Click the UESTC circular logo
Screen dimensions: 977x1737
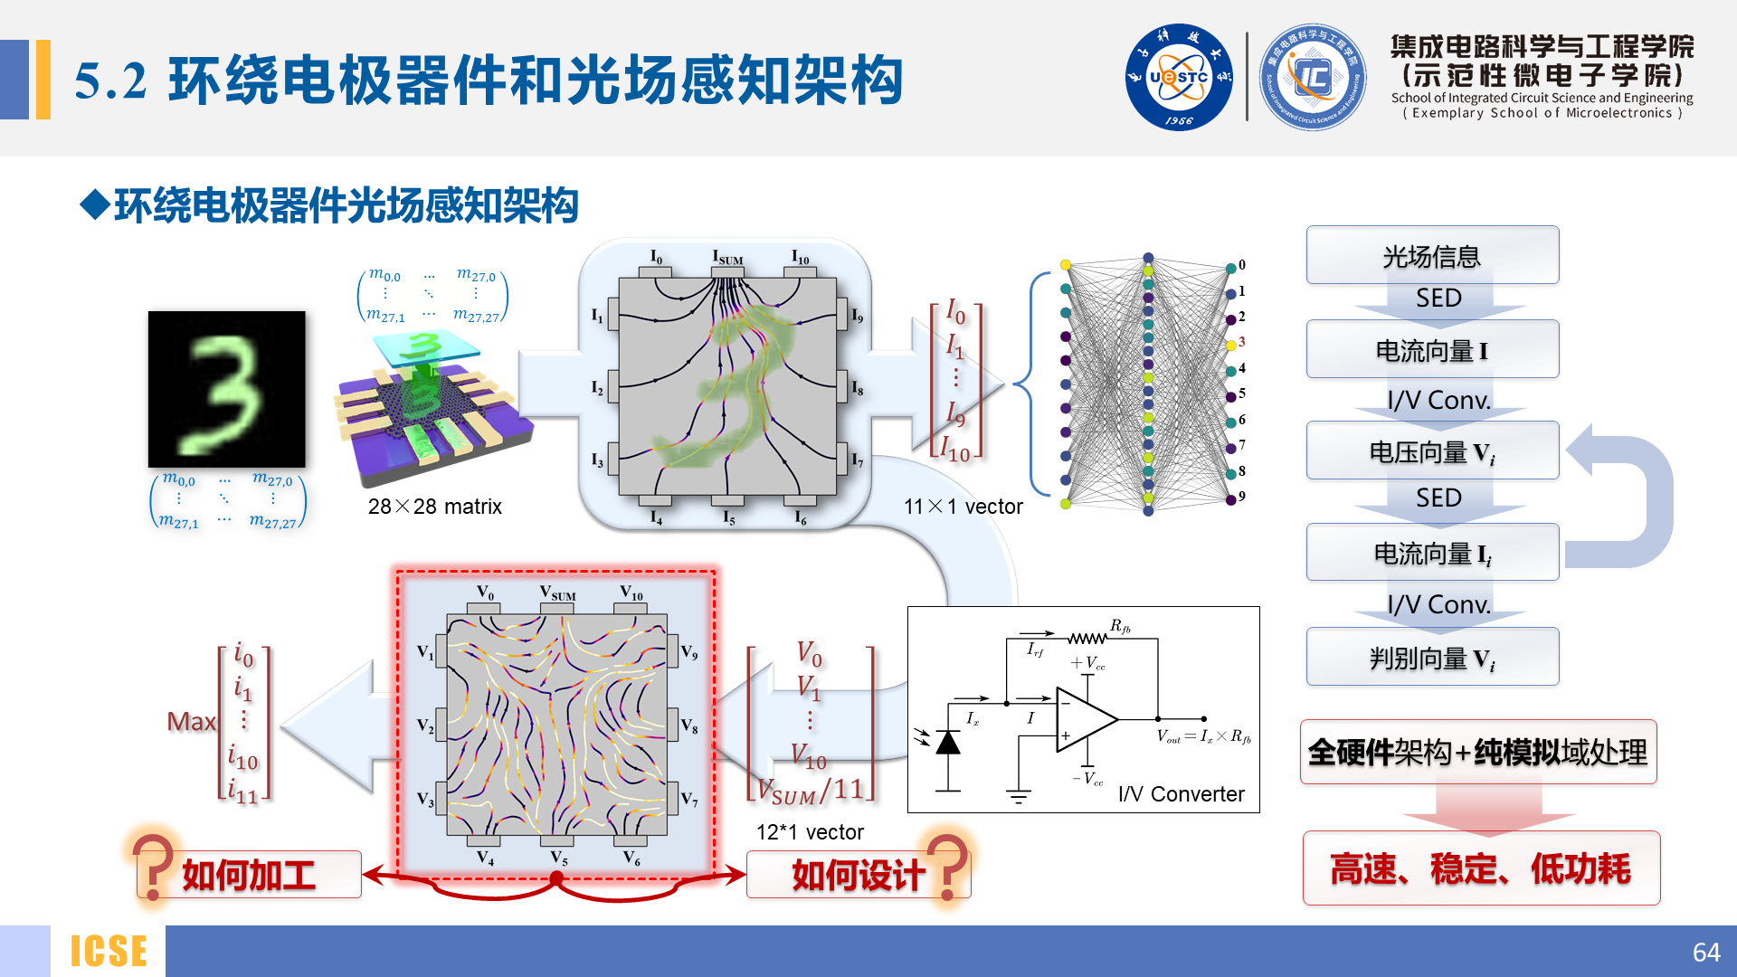pyautogui.click(x=1178, y=78)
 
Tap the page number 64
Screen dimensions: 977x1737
pyautogui.click(x=1705, y=952)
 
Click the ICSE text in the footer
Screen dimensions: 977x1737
pyautogui.click(x=109, y=952)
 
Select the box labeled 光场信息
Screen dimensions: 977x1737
pyautogui.click(x=1432, y=256)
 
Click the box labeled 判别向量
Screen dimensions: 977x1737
pyautogui.click(x=1432, y=658)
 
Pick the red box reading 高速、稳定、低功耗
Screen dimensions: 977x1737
pyautogui.click(x=1481, y=868)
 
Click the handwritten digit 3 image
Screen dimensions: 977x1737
pyautogui.click(x=227, y=389)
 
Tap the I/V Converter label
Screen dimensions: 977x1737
pyautogui.click(x=1181, y=793)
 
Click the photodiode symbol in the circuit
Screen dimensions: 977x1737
pyautogui.click(x=947, y=743)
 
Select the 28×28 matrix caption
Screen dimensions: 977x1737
pyautogui.click(x=434, y=507)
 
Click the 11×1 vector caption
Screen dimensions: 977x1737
pyautogui.click(x=963, y=507)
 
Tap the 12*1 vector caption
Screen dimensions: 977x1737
pyautogui.click(x=810, y=832)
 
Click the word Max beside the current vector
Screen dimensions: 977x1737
pyautogui.click(x=191, y=721)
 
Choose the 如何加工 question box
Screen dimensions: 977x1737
pyautogui.click(x=249, y=875)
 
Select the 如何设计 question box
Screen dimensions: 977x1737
pyautogui.click(x=858, y=875)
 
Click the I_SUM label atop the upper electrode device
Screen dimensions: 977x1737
pyautogui.click(x=727, y=258)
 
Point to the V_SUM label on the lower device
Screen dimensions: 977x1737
pyautogui.click(x=557, y=593)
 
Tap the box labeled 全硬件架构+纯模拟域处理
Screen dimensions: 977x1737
pyautogui.click(x=1478, y=752)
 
